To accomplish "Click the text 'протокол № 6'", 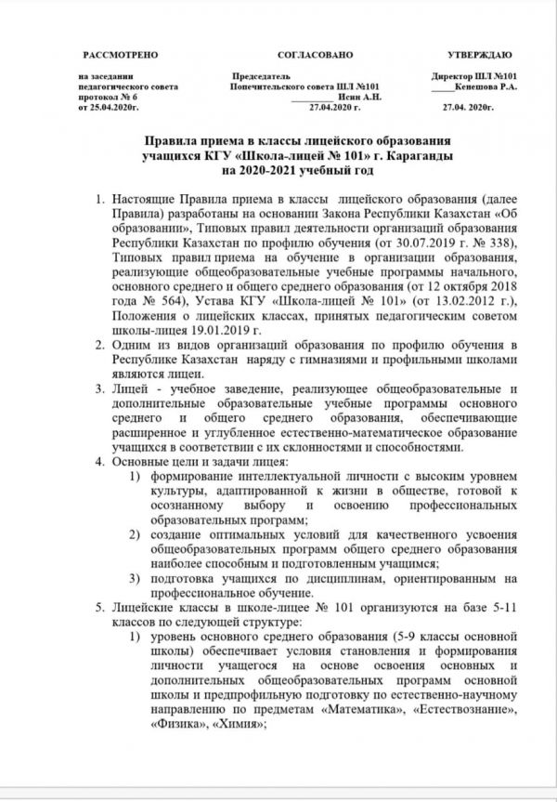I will [x=109, y=97].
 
